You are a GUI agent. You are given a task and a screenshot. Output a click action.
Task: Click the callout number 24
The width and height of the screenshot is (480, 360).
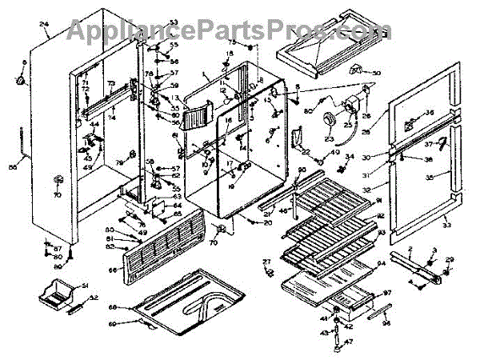(44, 26)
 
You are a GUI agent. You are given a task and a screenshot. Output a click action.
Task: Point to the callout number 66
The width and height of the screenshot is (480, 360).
(113, 270)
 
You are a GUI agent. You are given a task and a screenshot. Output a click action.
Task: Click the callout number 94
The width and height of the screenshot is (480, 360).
(382, 263)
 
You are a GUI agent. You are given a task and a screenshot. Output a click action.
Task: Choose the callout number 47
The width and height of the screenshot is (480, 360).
(349, 341)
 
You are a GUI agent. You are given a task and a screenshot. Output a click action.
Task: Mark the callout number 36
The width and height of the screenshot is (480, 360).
(430, 113)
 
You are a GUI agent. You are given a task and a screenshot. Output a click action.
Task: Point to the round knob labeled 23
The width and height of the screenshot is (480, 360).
(327, 120)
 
